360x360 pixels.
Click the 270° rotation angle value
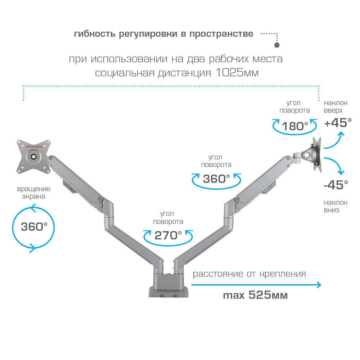click(168, 235)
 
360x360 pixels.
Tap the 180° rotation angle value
click(295, 126)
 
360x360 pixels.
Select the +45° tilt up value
click(338, 123)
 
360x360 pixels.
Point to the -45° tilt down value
click(336, 185)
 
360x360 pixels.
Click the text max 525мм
click(255, 296)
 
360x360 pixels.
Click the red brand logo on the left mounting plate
click(34, 147)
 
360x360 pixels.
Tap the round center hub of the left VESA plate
click(34, 157)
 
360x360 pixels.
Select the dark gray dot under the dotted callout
click(277, 46)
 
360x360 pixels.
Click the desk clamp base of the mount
click(168, 288)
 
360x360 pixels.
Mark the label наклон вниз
click(335, 206)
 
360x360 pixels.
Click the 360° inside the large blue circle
click(34, 227)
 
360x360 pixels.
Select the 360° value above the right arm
click(216, 179)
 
